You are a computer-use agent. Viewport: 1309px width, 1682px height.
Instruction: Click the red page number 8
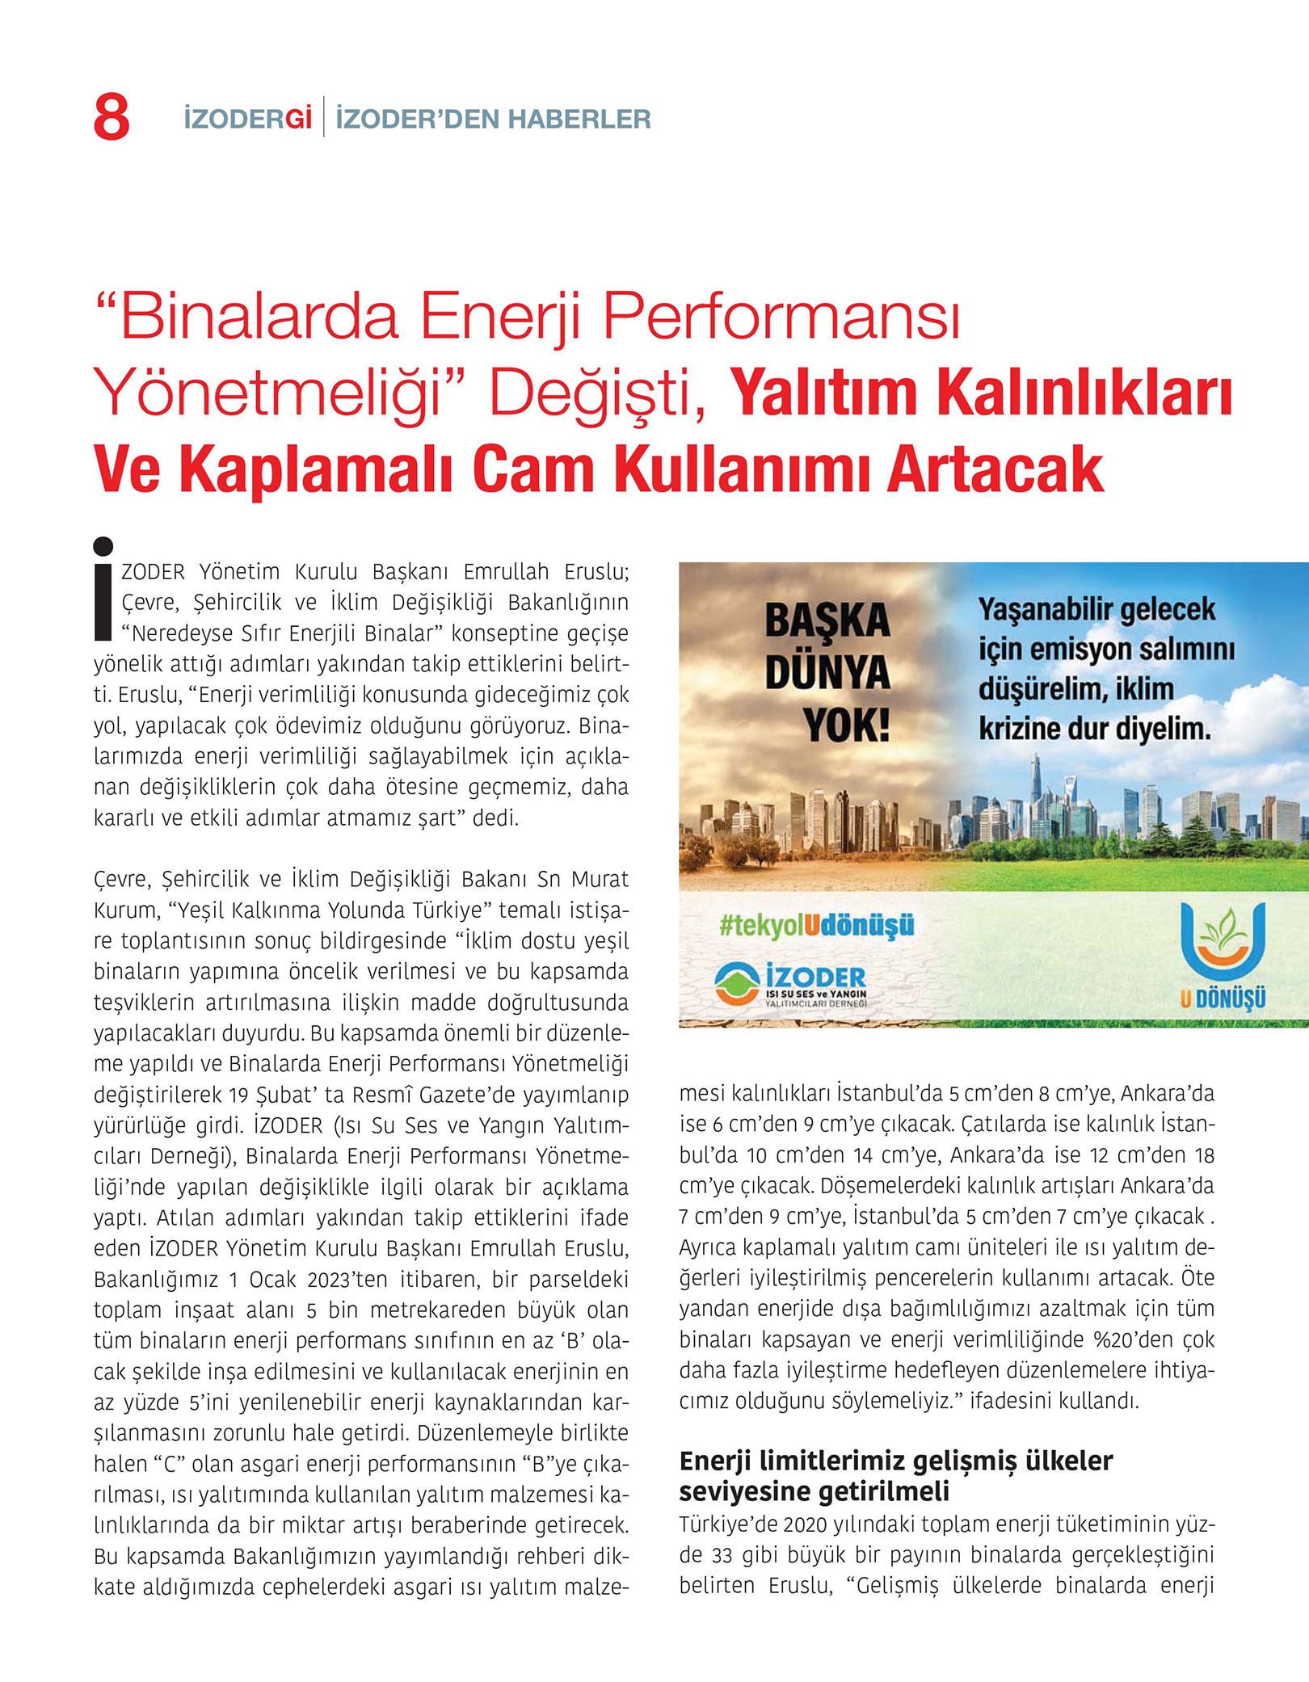112,118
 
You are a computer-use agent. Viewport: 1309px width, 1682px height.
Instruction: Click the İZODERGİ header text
247,120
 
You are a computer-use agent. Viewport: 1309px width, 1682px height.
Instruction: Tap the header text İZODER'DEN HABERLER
493,120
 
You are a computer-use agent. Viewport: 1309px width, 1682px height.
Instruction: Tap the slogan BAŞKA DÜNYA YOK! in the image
827,672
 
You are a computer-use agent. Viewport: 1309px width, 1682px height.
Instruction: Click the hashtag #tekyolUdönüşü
816,925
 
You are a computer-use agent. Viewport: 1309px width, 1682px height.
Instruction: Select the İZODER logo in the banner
791,985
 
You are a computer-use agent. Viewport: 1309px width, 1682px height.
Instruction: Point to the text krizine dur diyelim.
1095,730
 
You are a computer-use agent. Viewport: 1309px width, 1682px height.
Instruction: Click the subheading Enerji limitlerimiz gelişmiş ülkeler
895,1461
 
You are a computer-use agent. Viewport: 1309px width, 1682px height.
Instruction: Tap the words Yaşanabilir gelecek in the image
1096,610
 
